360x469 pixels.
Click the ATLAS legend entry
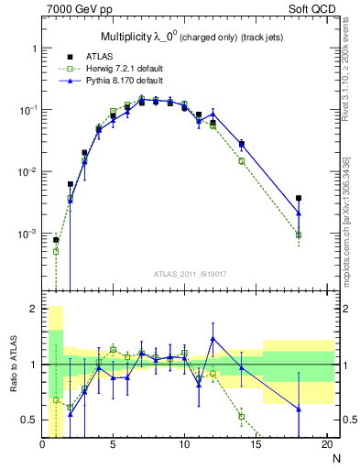click(98, 56)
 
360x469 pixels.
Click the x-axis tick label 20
click(326, 444)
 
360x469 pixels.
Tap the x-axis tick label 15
click(256, 444)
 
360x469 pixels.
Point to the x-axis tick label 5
click(114, 444)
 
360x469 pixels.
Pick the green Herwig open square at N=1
click(56, 251)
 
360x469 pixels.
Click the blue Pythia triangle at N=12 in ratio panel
click(213, 339)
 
